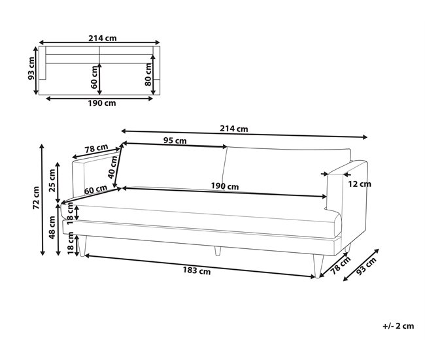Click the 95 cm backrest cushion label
pyautogui.click(x=175, y=140)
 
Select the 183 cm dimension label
pyautogui.click(x=197, y=270)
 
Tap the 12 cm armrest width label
pyautogui.click(x=360, y=184)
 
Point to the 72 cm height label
pyautogui.click(x=36, y=198)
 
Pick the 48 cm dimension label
pyautogui.click(x=52, y=227)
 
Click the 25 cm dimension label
pyautogui.click(x=52, y=180)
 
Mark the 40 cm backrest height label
pyautogui.click(x=112, y=167)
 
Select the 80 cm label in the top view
pyautogui.click(x=148, y=74)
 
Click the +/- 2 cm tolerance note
pyautogui.click(x=398, y=326)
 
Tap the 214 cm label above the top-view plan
pyautogui.click(x=103, y=38)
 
